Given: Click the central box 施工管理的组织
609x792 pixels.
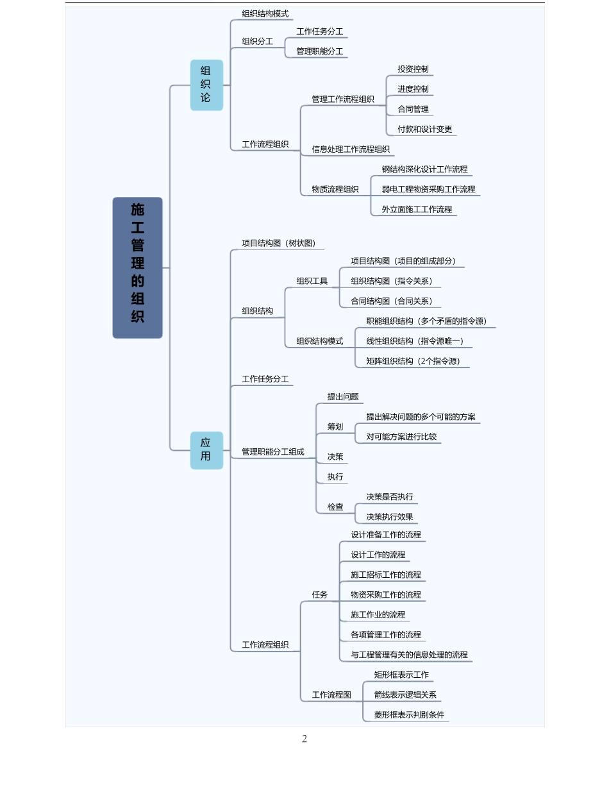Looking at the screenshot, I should click(x=137, y=267).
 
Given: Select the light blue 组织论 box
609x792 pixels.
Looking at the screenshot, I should click(x=206, y=85).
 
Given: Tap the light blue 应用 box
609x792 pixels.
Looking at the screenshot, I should click(x=206, y=450).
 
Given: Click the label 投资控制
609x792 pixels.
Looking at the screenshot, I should click(x=413, y=69).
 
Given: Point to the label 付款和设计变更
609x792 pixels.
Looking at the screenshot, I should click(x=424, y=129).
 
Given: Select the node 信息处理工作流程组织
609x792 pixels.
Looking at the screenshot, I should click(x=351, y=149).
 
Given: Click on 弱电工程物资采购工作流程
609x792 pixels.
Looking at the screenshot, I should click(x=428, y=189).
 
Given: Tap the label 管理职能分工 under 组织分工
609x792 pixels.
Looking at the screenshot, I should click(x=319, y=51).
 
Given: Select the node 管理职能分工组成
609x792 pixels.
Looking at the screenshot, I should click(x=273, y=452).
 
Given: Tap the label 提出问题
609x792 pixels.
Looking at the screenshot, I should click(x=343, y=397).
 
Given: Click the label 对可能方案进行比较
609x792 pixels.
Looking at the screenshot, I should click(x=401, y=437).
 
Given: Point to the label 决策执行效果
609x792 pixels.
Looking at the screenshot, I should click(x=390, y=517).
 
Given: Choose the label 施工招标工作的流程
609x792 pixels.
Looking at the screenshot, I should click(x=386, y=575).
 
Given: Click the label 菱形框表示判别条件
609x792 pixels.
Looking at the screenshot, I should click(x=409, y=714).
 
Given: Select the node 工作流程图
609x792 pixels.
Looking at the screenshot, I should click(x=331, y=695).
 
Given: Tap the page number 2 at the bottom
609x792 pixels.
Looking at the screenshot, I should click(x=304, y=739).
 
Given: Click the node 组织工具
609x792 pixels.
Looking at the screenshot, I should click(x=312, y=281).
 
